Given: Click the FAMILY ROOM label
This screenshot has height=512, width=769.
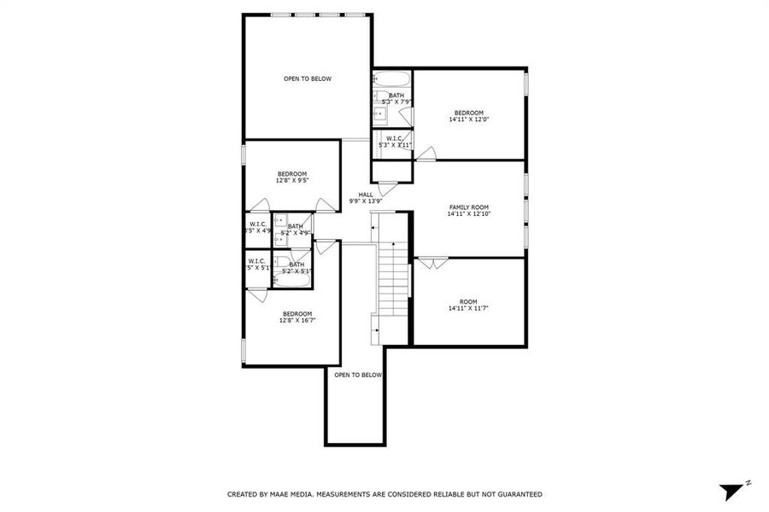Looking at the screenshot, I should (x=468, y=207).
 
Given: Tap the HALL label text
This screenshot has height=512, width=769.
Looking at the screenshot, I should (x=366, y=195).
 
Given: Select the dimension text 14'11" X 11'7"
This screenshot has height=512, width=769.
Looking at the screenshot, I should (x=468, y=309).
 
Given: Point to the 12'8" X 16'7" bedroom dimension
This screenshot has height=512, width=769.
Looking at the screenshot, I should (x=297, y=321).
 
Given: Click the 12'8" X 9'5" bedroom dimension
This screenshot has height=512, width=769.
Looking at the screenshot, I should (x=291, y=181).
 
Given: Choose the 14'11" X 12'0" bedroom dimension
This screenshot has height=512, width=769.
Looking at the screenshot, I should (x=468, y=120).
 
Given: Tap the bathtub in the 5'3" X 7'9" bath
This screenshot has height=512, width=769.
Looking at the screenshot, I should (x=393, y=81).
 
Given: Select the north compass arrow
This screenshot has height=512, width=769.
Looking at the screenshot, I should (x=731, y=491).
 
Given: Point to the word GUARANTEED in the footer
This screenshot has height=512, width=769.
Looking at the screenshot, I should (x=513, y=494).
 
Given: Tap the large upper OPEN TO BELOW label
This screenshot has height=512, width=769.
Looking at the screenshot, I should (x=308, y=79).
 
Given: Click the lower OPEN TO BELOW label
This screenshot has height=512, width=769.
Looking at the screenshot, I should (x=358, y=375).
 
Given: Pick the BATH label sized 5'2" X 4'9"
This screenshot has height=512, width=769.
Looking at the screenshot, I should (x=295, y=226).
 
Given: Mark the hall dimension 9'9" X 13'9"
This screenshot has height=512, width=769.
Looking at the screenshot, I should (x=366, y=201).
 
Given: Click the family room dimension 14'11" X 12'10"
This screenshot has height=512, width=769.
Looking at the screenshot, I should (x=468, y=215).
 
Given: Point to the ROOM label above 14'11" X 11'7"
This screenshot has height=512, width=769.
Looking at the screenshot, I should (x=468, y=301).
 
